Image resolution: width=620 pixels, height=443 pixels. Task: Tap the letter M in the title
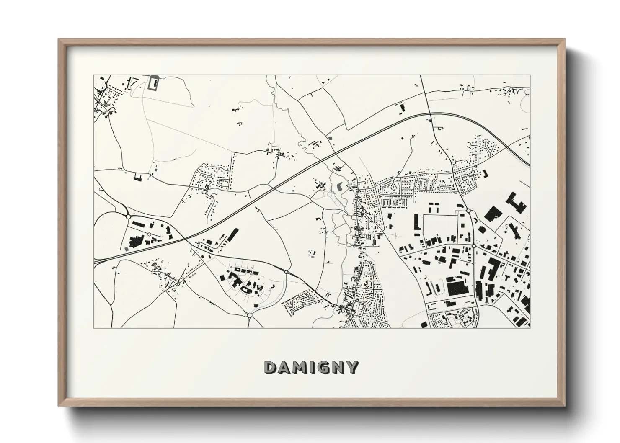pos(298,367)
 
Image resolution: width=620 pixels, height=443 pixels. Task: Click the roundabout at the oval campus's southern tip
pos(249,314)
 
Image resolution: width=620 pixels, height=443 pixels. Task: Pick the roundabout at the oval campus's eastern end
pos(286,272)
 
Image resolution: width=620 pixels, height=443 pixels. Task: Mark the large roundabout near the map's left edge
pos(128,216)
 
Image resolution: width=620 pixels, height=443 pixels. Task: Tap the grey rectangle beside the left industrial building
pos(127,248)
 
